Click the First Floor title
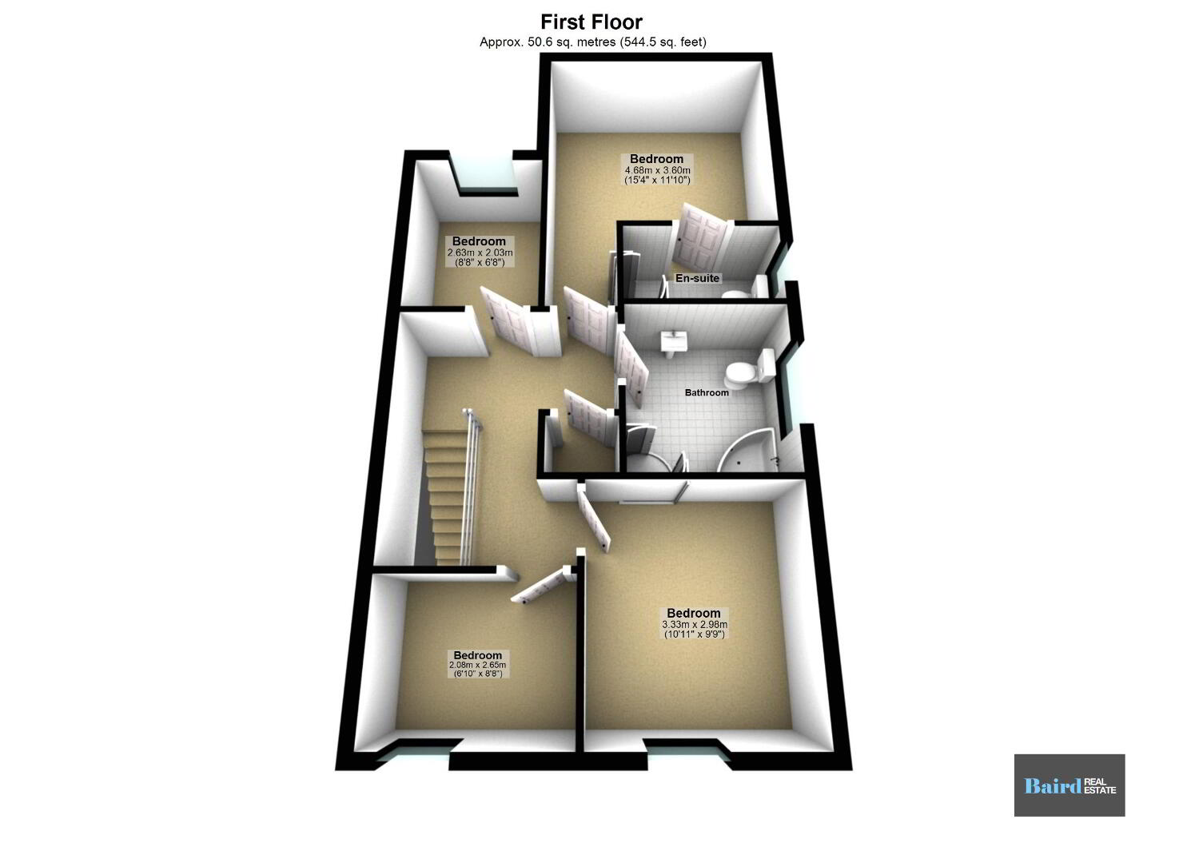point(592,22)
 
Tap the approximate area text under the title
point(592,42)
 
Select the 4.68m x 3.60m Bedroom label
point(657,169)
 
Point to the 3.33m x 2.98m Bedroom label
point(694,623)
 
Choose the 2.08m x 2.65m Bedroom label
point(477,664)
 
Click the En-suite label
point(697,278)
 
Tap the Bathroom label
point(707,392)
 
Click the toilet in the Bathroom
point(748,368)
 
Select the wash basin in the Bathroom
point(672,342)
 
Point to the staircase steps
point(447,496)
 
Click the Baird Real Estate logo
point(1069,785)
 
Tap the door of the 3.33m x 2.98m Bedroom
point(593,519)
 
